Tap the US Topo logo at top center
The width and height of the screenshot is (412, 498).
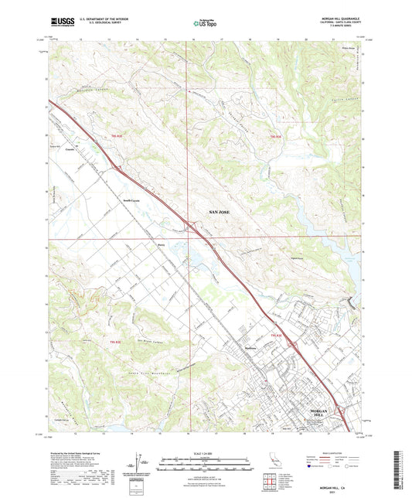click(x=205, y=24)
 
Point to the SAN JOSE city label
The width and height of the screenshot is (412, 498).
click(x=220, y=210)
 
